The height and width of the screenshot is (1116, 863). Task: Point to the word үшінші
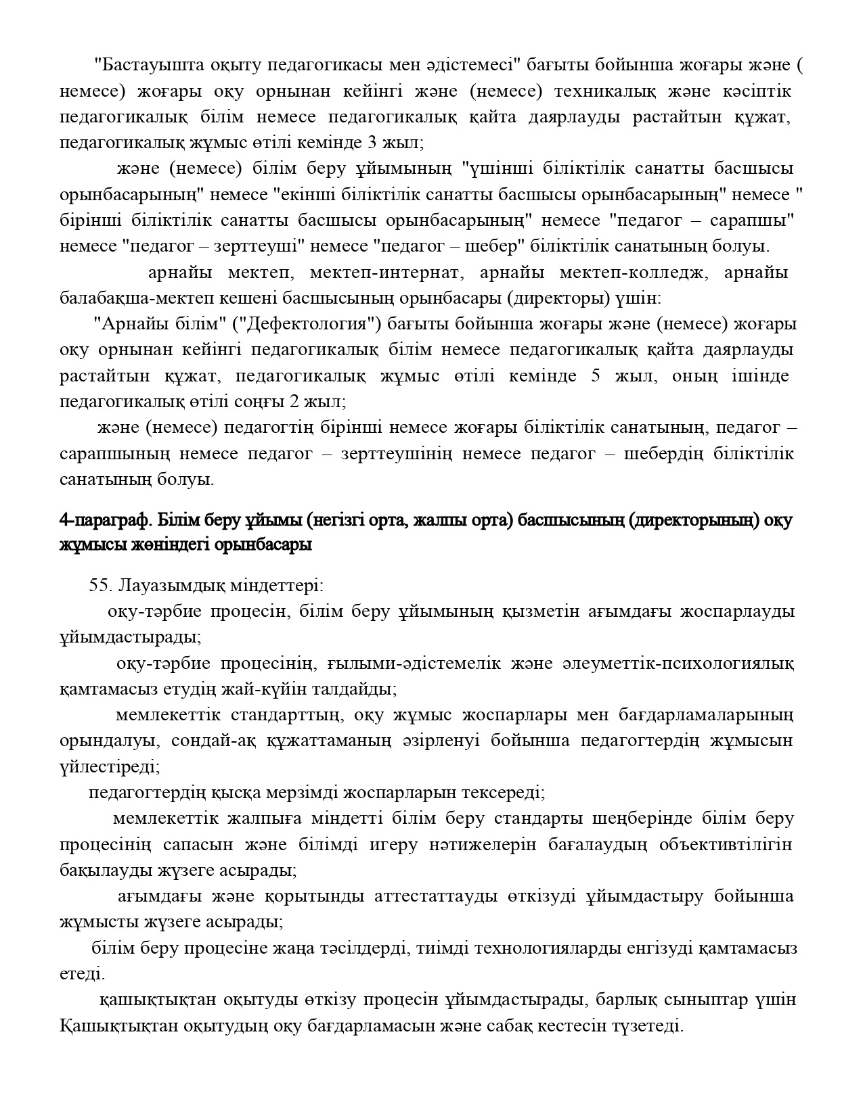pyautogui.click(x=489, y=168)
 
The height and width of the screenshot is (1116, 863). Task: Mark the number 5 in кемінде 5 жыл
pyautogui.click(x=596, y=376)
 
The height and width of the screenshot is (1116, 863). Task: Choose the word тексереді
pyautogui.click(x=504, y=792)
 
